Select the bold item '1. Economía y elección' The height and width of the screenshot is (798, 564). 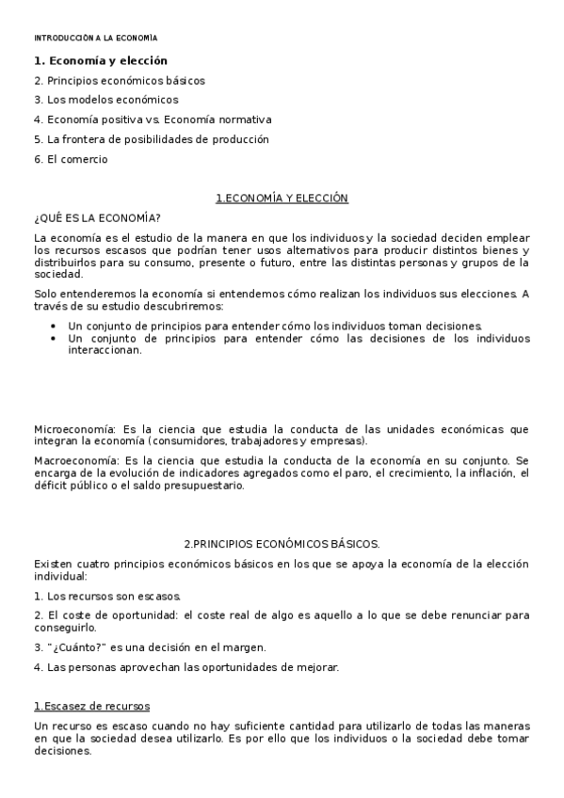click(x=100, y=61)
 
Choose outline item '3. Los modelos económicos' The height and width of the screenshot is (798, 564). click(x=105, y=100)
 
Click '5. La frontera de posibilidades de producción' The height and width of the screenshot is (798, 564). click(x=151, y=139)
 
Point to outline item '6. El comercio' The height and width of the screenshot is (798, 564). click(x=71, y=159)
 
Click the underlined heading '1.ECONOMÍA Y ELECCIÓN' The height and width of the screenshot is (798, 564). click(x=282, y=199)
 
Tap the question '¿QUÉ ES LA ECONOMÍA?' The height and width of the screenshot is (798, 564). click(x=97, y=217)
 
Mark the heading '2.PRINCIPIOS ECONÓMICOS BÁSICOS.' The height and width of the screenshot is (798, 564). click(x=282, y=544)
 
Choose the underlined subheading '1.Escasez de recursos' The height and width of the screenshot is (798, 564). click(x=91, y=707)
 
